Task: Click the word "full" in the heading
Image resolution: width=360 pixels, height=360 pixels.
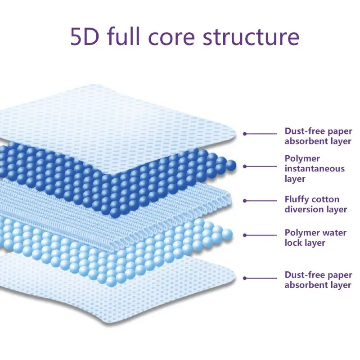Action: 125,37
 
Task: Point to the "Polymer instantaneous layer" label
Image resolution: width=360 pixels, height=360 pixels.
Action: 314,169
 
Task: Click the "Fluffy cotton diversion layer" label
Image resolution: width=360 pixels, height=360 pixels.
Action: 315,204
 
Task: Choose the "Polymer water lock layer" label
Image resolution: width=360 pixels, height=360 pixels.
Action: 315,238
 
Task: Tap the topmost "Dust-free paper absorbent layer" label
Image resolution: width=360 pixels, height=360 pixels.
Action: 318,135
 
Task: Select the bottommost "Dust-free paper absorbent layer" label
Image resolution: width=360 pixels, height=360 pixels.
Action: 318,279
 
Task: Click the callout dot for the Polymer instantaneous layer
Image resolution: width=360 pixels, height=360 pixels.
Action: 245,166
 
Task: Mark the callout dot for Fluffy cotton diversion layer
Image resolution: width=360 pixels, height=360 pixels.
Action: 245,201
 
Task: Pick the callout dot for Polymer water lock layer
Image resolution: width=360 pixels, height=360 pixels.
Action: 245,234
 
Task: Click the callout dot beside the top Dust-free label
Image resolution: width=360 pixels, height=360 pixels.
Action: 245,134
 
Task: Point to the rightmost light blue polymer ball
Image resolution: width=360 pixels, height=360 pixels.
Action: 227,233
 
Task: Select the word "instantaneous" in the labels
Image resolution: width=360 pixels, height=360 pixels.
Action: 315,169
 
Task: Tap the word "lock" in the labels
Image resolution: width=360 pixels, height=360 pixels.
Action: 293,243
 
